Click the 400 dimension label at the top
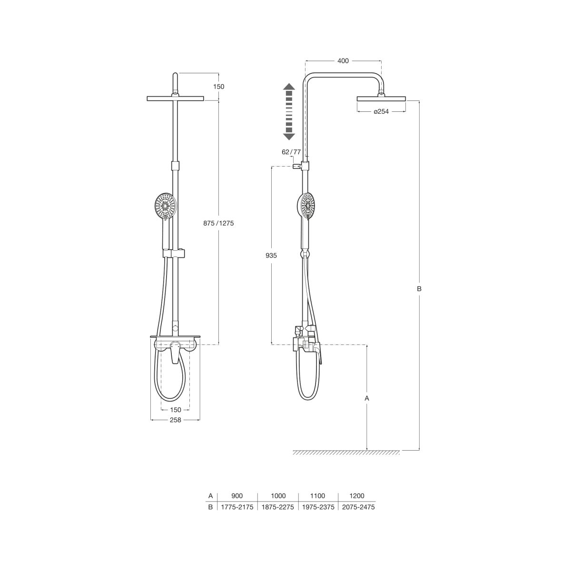click(x=343, y=61)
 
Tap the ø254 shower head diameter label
click(x=381, y=111)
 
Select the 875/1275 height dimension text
click(x=218, y=223)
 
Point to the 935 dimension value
click(x=271, y=255)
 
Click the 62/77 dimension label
click(x=291, y=152)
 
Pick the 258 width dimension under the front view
click(x=176, y=420)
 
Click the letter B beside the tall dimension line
click(x=419, y=289)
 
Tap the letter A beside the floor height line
click(x=367, y=399)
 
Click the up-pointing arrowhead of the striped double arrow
click(x=289, y=87)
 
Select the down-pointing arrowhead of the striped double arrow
click(x=289, y=136)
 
